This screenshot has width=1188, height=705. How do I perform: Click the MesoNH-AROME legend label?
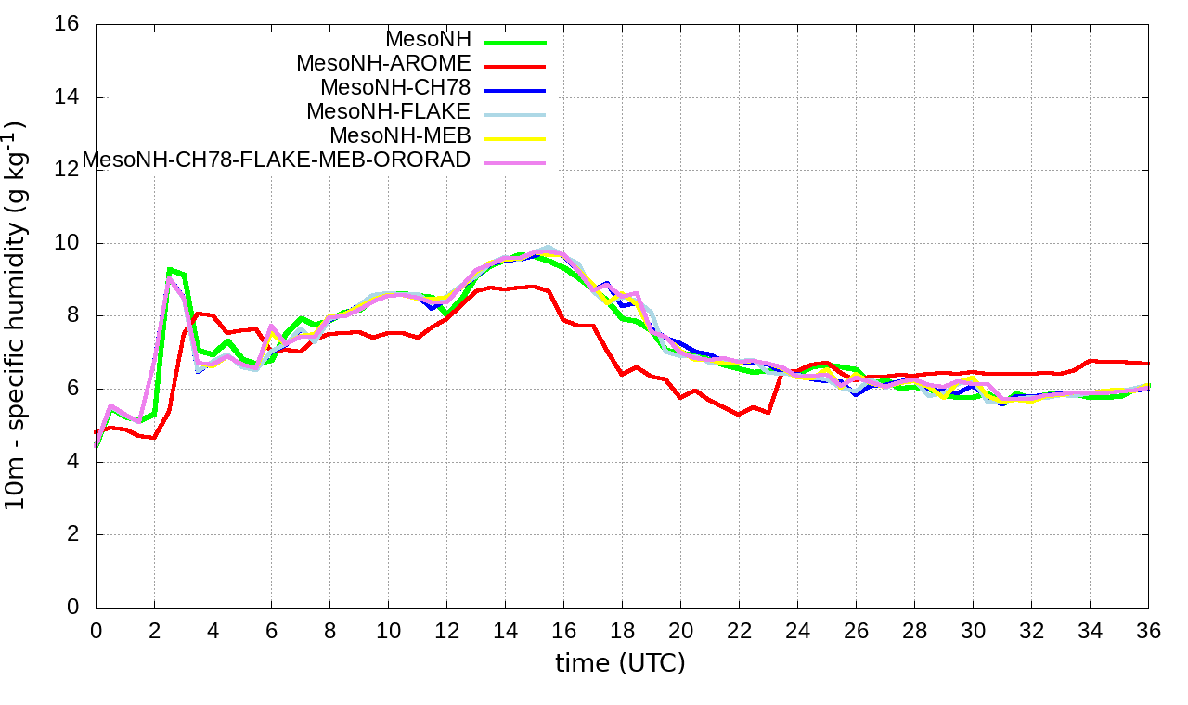pyautogui.click(x=383, y=63)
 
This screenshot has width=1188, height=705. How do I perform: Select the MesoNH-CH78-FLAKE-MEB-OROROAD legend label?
pyautogui.click(x=277, y=160)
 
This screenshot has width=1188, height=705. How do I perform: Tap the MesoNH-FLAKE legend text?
pyautogui.click(x=389, y=111)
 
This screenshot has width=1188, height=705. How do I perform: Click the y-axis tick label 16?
pyautogui.click(x=67, y=24)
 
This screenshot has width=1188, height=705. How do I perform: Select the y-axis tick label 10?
pyautogui.click(x=67, y=243)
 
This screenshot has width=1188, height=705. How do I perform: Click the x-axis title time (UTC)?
pyautogui.click(x=620, y=663)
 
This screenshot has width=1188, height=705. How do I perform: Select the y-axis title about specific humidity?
pyautogui.click(x=19, y=315)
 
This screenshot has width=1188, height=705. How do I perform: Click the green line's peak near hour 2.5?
pyautogui.click(x=169, y=269)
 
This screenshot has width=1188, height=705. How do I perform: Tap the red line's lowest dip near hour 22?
pyautogui.click(x=739, y=415)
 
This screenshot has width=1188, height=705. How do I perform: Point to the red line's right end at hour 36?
pyautogui.click(x=1148, y=364)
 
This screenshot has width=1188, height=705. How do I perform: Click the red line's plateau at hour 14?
pyautogui.click(x=505, y=288)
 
